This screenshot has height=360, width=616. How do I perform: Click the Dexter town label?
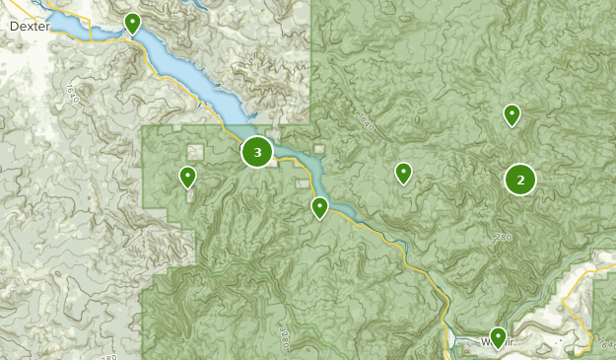pos(29,27)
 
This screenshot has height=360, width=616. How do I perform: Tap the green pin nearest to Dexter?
pos(132,23)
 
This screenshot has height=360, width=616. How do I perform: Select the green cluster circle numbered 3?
pos(257,152)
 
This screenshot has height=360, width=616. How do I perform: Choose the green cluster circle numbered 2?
pos(520,180)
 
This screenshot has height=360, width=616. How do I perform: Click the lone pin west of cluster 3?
pos(187,178)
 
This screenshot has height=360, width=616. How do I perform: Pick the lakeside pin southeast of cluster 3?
pos(319,208)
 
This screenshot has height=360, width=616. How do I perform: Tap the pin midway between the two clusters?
pos(403,174)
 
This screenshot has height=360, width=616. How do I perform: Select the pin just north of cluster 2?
pos(512,115)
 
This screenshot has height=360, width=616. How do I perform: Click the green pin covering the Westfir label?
pos(498,338)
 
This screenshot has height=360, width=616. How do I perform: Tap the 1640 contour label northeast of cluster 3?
pos(366,123)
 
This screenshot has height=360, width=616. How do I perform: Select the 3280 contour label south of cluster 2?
pos(503,238)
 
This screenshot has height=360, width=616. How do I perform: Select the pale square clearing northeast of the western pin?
pos(195,151)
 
